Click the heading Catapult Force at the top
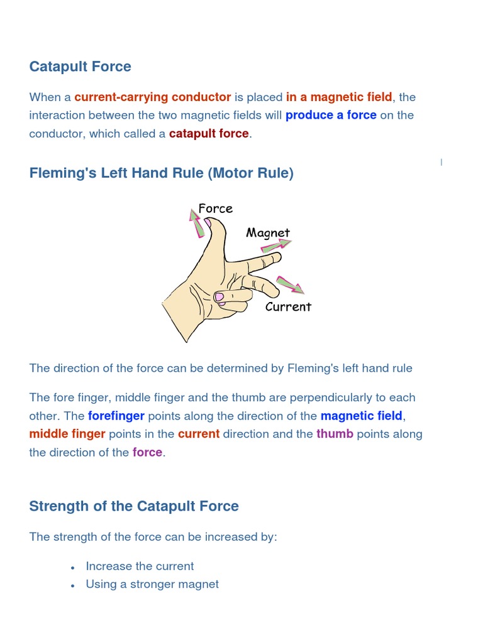click(80, 67)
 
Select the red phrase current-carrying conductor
click(152, 97)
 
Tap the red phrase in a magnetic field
click(339, 97)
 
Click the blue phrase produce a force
click(331, 116)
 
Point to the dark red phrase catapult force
click(209, 134)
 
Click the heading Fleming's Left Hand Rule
click(161, 173)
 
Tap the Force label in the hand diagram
click(215, 208)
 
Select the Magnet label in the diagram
click(268, 233)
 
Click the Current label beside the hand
click(288, 307)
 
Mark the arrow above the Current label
click(290, 284)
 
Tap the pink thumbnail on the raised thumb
click(208, 222)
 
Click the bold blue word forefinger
click(116, 416)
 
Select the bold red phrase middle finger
click(67, 435)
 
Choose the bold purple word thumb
click(335, 435)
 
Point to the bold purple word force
click(147, 453)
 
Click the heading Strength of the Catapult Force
click(134, 506)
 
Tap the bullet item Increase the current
click(140, 566)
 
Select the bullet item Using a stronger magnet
click(152, 585)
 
